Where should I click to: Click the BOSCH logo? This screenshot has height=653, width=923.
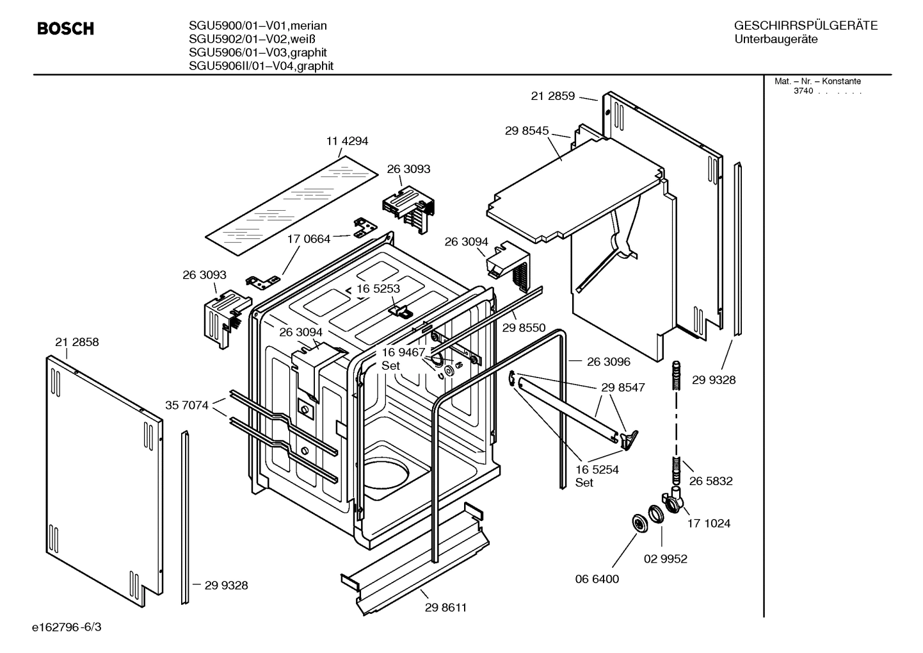point(65,29)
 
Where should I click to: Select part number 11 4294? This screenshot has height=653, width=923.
point(347,141)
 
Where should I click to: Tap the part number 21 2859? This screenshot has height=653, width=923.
point(552,96)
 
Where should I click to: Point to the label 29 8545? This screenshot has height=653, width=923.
point(526,131)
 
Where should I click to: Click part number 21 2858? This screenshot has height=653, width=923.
point(77,342)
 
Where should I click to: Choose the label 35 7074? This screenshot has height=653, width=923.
point(186,405)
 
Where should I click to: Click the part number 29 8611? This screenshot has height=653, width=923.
point(445,608)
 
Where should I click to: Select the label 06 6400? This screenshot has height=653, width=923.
point(597,579)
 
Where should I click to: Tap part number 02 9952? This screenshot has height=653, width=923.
point(665,559)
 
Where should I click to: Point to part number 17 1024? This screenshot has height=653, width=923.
point(709,524)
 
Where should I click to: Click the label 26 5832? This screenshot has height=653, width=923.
point(710,481)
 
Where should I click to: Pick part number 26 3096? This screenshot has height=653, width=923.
point(608,361)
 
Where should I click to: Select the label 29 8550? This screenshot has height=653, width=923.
point(524,328)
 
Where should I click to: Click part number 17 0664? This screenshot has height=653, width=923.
point(309,239)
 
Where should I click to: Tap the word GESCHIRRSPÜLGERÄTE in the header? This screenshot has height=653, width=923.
point(805,26)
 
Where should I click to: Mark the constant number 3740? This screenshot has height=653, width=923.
point(803,91)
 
